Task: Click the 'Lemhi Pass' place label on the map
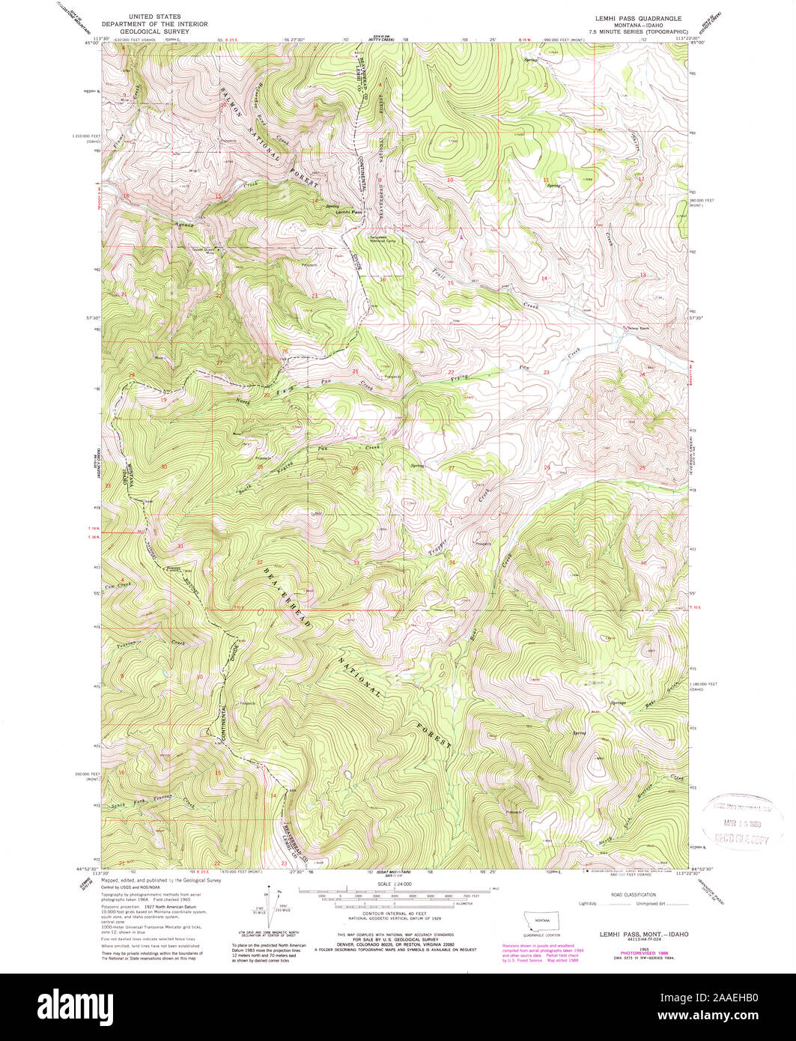[349, 212]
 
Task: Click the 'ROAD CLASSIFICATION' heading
[634, 894]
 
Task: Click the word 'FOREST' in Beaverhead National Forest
[436, 736]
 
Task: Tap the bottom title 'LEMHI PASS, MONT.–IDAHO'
[643, 935]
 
